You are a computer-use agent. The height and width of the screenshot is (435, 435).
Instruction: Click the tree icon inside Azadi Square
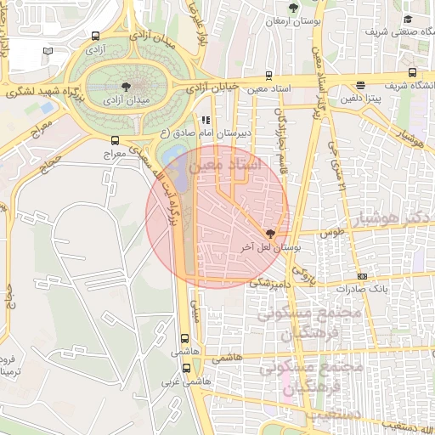126,87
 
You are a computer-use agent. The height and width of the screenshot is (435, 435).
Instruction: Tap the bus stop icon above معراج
115,141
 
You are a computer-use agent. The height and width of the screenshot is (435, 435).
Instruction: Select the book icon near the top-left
48,51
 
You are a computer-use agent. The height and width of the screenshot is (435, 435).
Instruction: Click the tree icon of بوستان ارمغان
293,6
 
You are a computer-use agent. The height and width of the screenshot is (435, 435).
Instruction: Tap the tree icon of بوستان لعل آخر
270,233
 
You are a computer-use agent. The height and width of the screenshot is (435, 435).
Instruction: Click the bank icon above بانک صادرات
363,275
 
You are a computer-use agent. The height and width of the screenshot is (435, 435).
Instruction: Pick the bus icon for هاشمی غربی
186,368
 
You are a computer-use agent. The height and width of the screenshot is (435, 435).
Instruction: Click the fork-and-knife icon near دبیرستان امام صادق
205,120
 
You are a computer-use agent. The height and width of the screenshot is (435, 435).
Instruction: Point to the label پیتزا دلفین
358,99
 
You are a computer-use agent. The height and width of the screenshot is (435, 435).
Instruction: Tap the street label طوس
332,231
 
